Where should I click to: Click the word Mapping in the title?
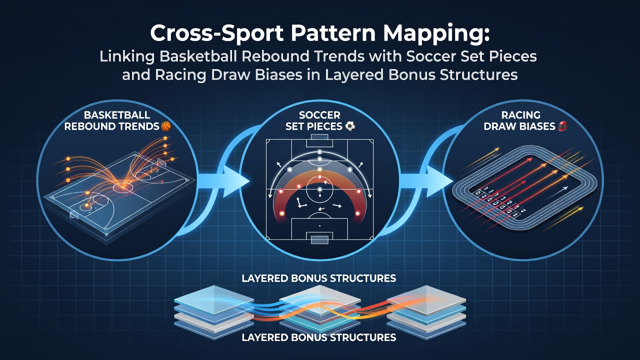(433, 33)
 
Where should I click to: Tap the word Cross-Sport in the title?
(216, 33)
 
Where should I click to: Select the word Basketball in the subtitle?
(197, 56)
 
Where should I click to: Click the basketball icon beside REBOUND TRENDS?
(166, 126)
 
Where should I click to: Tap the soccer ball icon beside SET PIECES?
(350, 126)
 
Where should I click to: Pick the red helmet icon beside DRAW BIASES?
(562, 126)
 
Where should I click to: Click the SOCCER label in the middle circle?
(319, 115)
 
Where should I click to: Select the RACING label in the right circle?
(521, 115)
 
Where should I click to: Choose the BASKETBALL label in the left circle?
(117, 115)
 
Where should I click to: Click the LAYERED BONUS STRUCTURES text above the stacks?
(319, 278)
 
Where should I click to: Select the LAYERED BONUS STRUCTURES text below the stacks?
(319, 337)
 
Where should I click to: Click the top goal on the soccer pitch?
(319, 136)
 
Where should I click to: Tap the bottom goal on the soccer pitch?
(319, 237)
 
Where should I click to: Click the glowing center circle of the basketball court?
(123, 187)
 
